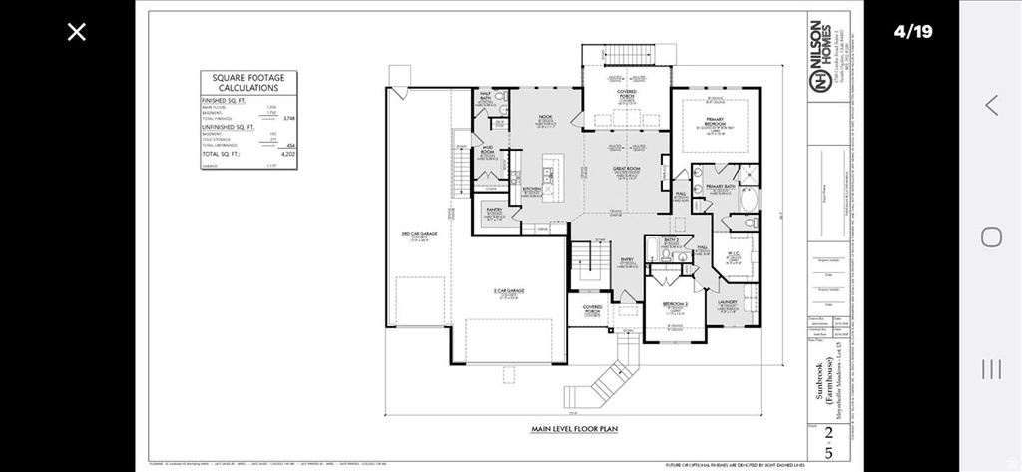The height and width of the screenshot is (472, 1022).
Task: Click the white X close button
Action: [77, 32]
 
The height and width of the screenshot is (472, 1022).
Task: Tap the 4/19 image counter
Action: [912, 32]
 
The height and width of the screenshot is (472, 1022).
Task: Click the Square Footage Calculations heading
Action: [249, 81]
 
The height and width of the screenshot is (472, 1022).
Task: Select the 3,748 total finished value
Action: [289, 118]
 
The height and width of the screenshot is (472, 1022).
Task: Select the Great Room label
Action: [626, 169]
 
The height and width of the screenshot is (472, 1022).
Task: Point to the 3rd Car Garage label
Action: [420, 234]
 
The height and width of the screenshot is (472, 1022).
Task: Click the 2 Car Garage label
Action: [509, 291]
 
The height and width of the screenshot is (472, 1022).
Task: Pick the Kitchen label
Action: [531, 188]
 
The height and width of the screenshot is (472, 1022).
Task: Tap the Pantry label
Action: [493, 211]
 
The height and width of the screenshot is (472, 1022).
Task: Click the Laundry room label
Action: [727, 302]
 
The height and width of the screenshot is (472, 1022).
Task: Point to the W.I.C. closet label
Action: [733, 253]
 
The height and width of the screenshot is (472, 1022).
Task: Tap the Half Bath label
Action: [487, 97]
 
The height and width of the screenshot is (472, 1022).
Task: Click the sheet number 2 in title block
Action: [829, 433]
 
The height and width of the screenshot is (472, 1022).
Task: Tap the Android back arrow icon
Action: [991, 105]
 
